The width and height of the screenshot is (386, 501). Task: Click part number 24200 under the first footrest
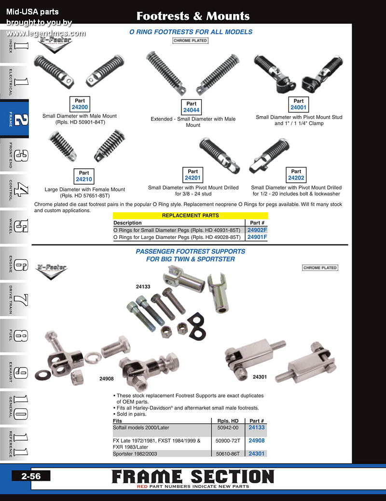80,107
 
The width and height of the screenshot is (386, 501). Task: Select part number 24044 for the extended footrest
191,110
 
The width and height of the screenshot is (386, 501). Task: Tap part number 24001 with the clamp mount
298,108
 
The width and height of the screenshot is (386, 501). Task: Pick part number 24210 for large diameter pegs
84,179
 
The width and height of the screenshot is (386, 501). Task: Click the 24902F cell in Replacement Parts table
257,230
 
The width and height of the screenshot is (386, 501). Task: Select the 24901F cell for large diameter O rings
257,237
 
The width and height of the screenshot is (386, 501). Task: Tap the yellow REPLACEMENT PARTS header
190,216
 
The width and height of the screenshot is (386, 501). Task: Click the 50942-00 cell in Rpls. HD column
228,428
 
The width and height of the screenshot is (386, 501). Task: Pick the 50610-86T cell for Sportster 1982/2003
228,454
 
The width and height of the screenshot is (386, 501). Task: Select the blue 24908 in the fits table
257,441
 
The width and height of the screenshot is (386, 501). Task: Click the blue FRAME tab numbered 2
14,119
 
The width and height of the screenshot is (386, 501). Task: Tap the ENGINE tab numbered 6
14,264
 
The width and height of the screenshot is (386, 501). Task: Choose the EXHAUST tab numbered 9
14,372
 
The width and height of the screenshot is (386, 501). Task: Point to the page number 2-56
31,476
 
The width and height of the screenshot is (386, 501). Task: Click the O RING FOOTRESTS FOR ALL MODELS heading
191,32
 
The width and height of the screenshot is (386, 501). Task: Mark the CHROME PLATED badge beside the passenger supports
320,268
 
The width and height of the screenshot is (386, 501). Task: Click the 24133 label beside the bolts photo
143,286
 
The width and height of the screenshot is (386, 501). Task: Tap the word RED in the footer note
142,487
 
